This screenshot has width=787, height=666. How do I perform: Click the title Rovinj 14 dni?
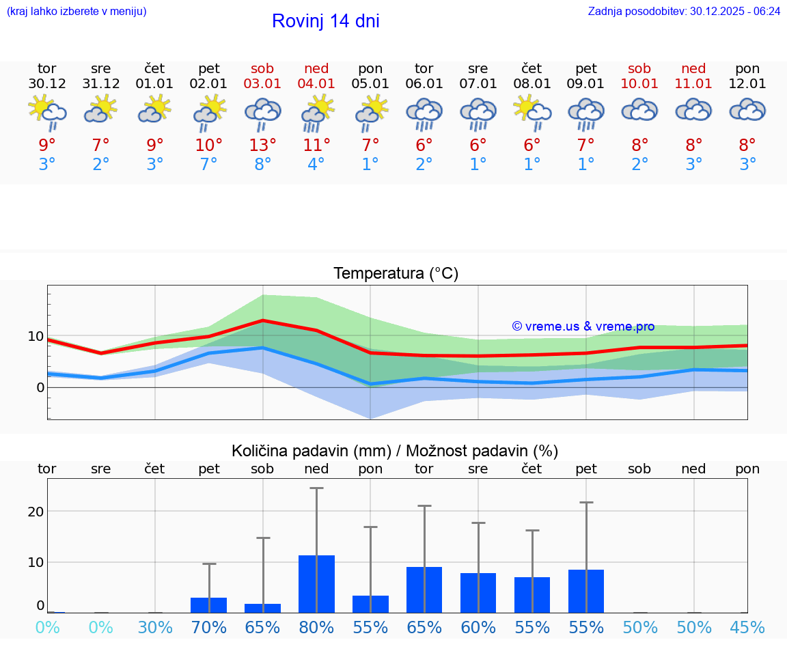(325, 21)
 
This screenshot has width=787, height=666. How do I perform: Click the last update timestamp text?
(684, 12)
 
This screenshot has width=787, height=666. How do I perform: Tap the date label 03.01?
(262, 84)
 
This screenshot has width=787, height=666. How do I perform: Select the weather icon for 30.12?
(46, 111)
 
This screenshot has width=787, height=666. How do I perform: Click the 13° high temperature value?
(262, 145)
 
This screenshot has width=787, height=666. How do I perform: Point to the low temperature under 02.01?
(208, 165)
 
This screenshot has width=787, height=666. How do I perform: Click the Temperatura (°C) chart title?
(396, 273)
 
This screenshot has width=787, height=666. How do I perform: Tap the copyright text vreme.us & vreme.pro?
(583, 327)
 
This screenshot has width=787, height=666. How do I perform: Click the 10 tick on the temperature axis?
(36, 336)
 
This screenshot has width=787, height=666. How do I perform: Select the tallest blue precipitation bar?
(316, 584)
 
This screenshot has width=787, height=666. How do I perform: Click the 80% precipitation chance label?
(316, 628)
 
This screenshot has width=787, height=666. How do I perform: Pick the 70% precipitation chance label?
(208, 628)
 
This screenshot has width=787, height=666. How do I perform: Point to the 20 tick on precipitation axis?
(36, 512)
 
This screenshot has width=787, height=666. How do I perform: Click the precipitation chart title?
(394, 451)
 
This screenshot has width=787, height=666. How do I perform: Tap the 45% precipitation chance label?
(747, 628)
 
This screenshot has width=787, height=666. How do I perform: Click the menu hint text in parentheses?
(77, 12)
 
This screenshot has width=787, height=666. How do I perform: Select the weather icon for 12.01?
(747, 111)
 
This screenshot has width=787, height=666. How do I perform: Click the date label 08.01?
(531, 84)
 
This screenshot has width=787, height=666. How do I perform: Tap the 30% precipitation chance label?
(155, 628)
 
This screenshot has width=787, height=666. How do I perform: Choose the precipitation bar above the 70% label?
(208, 605)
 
